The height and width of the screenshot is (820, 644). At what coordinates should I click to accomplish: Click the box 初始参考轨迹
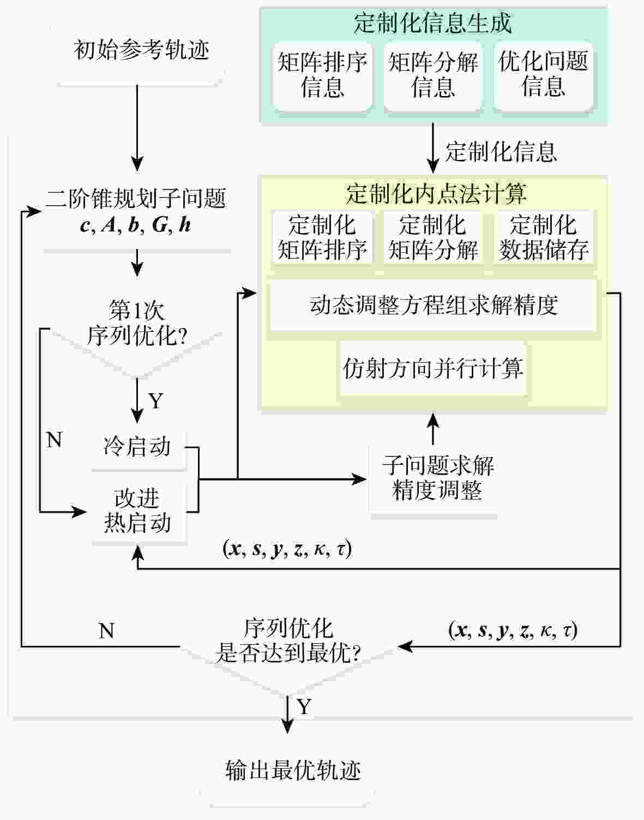tap(141, 51)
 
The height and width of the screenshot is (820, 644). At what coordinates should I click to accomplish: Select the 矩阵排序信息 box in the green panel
tap(322, 75)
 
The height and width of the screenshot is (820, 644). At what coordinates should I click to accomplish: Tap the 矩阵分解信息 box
tap(433, 75)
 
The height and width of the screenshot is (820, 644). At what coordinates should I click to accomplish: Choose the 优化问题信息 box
tap(544, 75)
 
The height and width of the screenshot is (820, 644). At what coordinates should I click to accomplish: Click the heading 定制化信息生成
tap(432, 23)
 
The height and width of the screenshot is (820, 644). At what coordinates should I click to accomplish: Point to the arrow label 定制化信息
tap(501, 152)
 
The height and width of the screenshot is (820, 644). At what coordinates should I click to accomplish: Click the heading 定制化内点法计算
tap(436, 193)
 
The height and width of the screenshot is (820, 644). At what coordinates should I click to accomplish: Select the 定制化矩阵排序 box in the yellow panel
tap(322, 237)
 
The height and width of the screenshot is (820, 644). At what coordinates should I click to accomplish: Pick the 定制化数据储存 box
tap(544, 237)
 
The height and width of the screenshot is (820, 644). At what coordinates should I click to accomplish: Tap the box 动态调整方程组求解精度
tap(434, 305)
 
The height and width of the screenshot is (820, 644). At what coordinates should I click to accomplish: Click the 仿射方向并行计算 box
tap(433, 369)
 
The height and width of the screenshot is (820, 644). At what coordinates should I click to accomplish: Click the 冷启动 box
tap(137, 447)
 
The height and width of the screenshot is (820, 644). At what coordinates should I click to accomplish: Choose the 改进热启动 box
tap(137, 511)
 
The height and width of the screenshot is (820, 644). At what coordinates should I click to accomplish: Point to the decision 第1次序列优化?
tap(137, 324)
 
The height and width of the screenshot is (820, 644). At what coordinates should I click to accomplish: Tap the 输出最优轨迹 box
tap(293, 770)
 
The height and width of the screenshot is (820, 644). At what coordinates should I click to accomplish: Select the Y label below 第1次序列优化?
tap(156, 401)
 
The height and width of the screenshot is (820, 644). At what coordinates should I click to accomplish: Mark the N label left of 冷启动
tap(54, 439)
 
